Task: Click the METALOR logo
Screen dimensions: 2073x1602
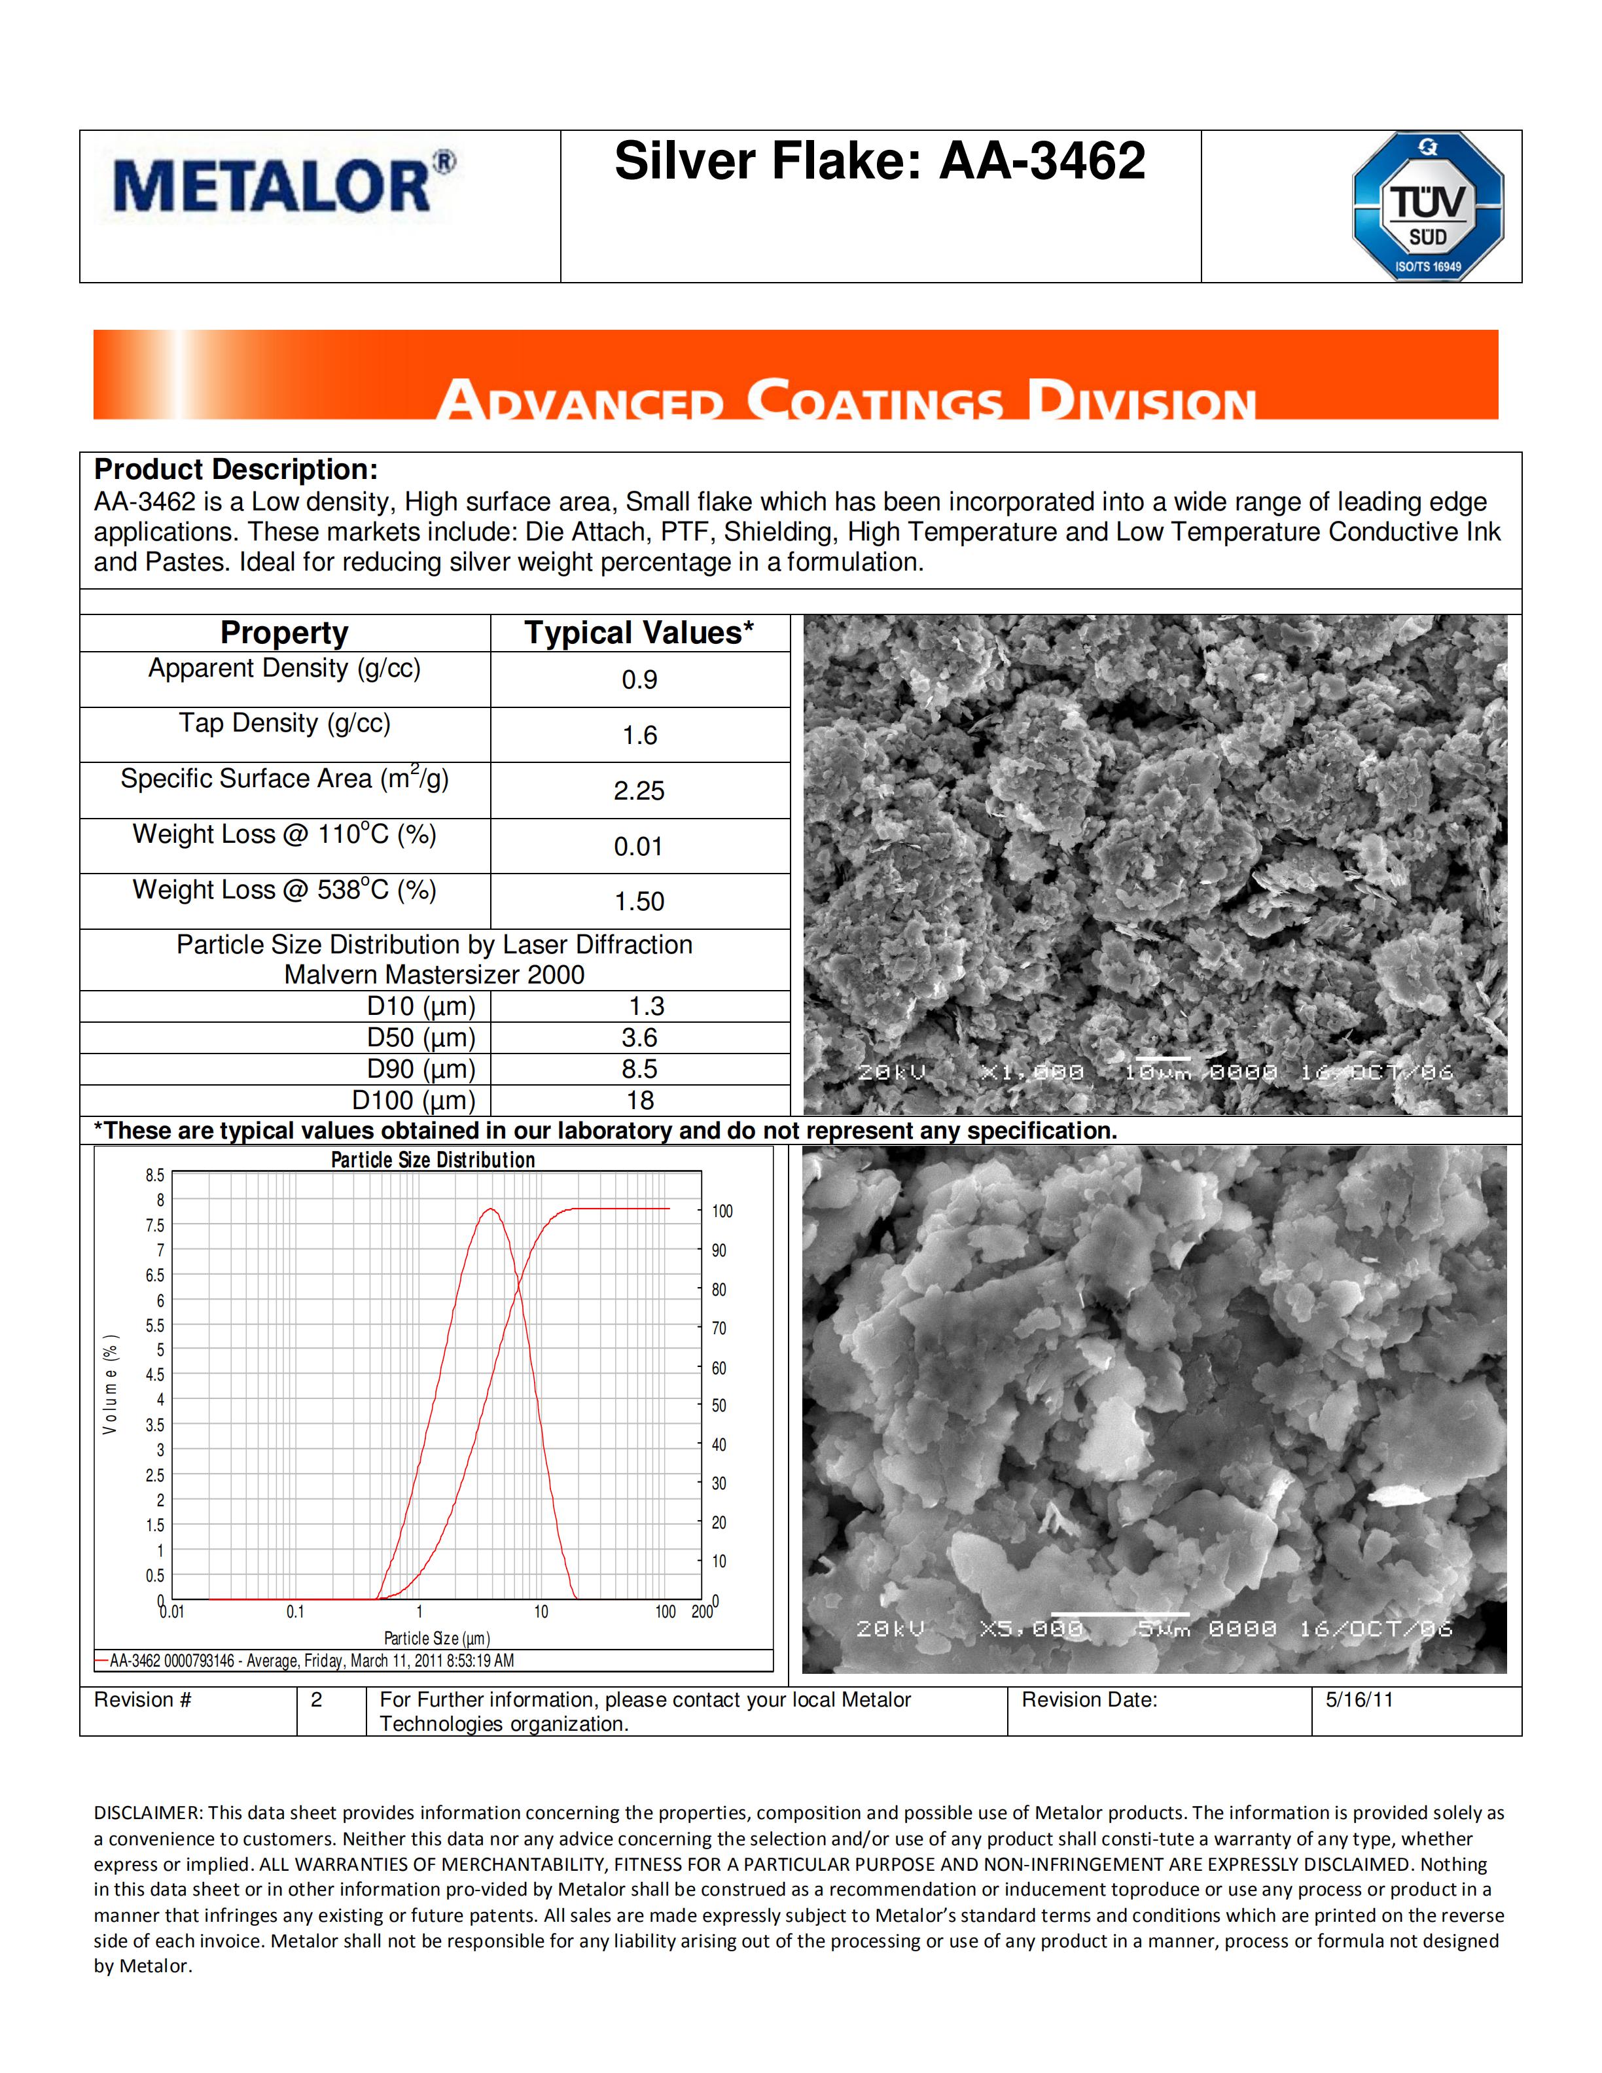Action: click(283, 185)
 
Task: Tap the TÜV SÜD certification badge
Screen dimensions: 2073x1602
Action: click(1427, 206)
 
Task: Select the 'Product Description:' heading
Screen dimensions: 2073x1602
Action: click(236, 470)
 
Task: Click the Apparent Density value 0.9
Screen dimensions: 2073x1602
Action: click(639, 680)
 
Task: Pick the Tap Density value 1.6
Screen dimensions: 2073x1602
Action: click(639, 735)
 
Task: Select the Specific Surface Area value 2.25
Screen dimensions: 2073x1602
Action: click(639, 790)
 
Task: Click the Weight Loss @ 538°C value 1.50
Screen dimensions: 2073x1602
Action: click(639, 902)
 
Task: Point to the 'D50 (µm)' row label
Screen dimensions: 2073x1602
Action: click(420, 1037)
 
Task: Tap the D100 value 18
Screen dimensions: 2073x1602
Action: click(639, 1101)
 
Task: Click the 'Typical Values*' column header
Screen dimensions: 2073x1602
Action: click(639, 633)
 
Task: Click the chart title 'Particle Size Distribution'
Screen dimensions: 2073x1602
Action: click(433, 1160)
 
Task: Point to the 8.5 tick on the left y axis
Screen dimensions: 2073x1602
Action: click(154, 1175)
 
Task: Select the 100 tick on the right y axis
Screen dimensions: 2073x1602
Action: click(722, 1211)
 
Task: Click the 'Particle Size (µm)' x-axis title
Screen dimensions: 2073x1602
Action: click(436, 1639)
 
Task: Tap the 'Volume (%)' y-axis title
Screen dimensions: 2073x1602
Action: click(111, 1384)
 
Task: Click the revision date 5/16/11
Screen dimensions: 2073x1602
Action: click(1359, 1700)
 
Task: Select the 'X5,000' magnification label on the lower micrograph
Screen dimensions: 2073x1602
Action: click(1031, 1629)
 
